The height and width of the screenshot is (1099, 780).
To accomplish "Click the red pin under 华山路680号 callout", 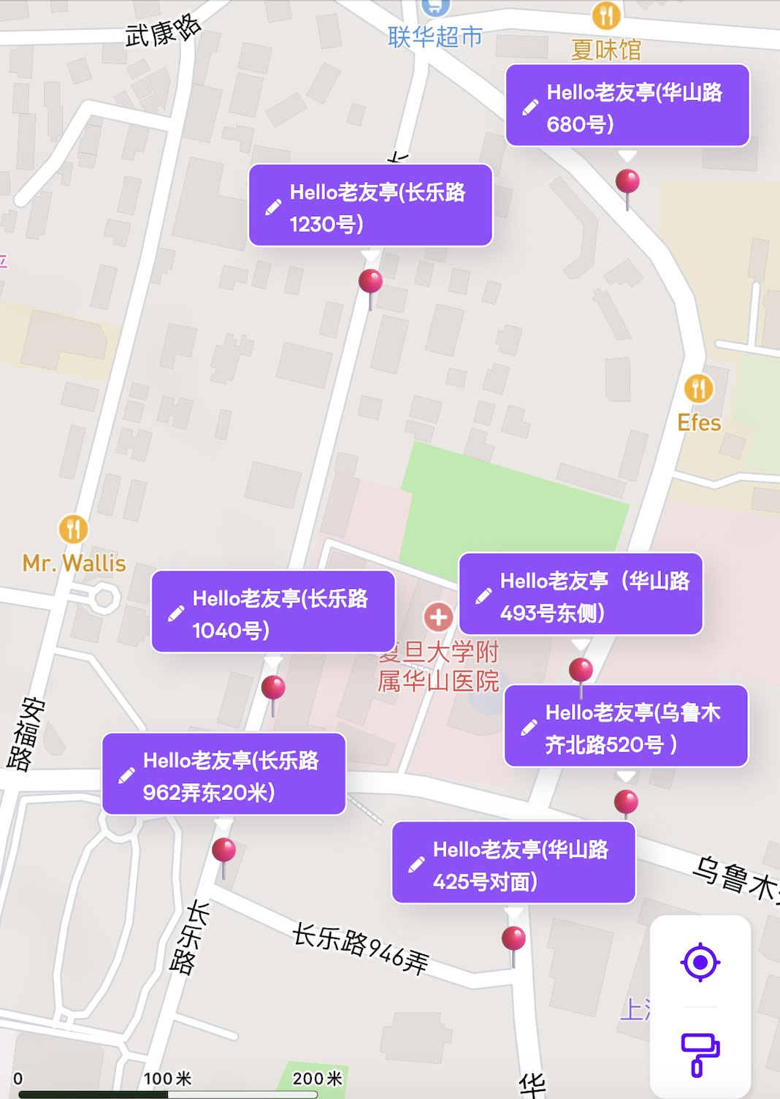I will coord(627,181).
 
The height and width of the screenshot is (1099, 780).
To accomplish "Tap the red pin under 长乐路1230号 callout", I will coord(370,281).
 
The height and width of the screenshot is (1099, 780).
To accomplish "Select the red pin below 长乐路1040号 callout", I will coord(273,688).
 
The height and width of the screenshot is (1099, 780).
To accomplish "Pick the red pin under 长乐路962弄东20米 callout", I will coord(223,851).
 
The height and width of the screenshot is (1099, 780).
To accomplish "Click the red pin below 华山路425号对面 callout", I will coord(513,938).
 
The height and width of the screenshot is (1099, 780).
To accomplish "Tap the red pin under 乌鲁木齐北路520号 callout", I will coord(626,802).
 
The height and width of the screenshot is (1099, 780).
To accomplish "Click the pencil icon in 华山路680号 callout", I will coord(530,107).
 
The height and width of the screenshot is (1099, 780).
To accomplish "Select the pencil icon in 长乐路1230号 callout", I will coord(273,208).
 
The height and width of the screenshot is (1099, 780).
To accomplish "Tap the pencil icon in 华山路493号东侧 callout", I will coord(483,596).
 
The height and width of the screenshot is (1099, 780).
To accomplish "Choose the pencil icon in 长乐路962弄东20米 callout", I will coord(126,775).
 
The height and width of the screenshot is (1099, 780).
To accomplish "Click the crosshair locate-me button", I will coord(700,962).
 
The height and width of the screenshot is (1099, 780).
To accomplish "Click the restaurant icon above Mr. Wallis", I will coord(73,528).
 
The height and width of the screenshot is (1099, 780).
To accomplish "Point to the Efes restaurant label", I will coord(699,423).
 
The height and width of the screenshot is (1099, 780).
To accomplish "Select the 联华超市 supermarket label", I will coord(435,37).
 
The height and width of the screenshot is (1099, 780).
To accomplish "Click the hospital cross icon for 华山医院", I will coord(438,617).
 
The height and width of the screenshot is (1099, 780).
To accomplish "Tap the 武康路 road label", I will coord(162,31).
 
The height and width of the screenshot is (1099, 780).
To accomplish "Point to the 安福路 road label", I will coord(26,734).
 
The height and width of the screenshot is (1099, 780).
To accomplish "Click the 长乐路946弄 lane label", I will coord(360,948).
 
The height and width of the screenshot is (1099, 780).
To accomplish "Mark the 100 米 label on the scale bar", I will coord(167,1078).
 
